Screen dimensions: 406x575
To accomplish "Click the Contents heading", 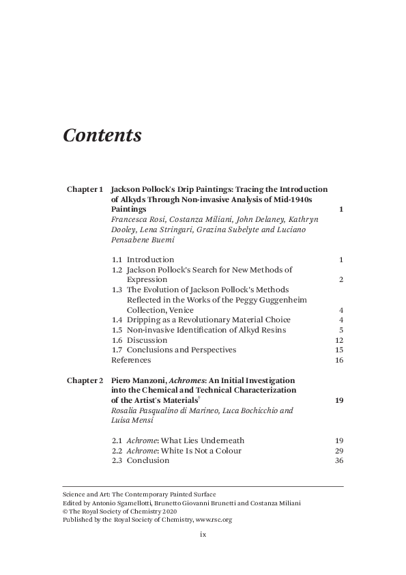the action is [102, 135].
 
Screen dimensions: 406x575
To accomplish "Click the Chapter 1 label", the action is [85, 189].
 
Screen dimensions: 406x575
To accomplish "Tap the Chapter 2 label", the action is [85, 380].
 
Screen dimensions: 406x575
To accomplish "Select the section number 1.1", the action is [117, 260].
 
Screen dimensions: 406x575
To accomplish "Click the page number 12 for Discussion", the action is [338, 340].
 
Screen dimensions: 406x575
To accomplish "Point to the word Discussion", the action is [147, 340].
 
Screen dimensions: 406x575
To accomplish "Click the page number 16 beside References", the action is [338, 360].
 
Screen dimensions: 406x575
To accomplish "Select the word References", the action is [131, 360].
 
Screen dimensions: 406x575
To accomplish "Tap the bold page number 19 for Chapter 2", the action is [338, 400].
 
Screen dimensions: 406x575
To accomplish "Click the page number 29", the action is [338, 451].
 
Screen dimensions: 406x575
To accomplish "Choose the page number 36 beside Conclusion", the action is [338, 460].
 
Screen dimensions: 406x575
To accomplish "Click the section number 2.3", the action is [117, 460].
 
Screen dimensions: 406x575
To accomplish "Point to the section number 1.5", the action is [117, 330].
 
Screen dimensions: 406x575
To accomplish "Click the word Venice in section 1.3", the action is [180, 310].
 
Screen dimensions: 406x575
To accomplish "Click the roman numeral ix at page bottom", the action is [203, 535].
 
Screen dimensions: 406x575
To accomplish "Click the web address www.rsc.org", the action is [214, 520].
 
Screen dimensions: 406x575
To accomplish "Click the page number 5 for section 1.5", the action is [340, 330].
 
